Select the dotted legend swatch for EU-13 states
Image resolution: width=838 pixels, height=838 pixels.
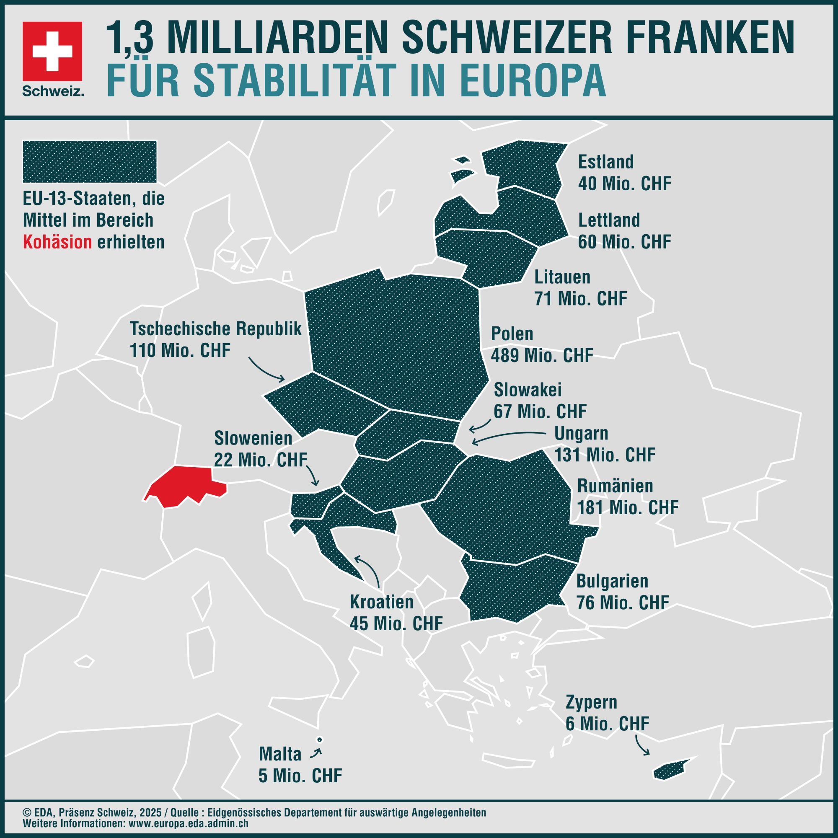[90, 161]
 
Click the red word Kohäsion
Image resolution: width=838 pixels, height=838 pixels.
[57, 243]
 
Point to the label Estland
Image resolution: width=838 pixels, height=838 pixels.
[605, 162]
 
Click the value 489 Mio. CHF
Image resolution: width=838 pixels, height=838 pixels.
[542, 355]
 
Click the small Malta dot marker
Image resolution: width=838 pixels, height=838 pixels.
[319, 740]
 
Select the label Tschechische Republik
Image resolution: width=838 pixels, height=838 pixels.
[215, 329]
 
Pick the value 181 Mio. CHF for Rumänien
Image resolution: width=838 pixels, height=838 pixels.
[627, 507]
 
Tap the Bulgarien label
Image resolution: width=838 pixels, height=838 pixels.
[612, 581]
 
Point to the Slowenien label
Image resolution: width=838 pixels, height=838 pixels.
[253, 438]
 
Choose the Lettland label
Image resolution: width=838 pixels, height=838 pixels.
[609, 220]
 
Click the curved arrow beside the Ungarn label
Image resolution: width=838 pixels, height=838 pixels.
[507, 436]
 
